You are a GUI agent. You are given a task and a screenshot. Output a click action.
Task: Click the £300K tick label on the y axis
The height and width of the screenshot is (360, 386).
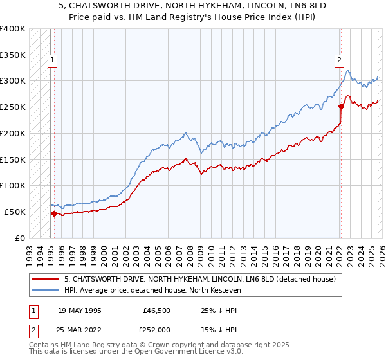click(x=13, y=81)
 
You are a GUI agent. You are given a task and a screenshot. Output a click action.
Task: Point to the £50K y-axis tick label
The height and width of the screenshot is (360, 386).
click(x=15, y=212)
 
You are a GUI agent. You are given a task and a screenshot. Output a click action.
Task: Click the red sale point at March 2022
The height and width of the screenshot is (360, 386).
click(x=341, y=107)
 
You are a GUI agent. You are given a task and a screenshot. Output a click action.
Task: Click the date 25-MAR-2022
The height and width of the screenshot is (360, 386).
click(x=79, y=329)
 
